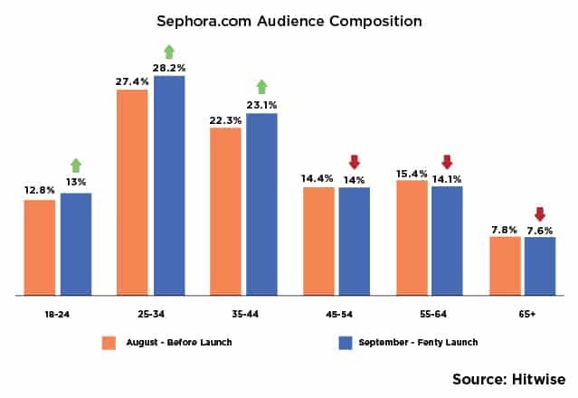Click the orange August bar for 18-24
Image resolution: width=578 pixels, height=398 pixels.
pyautogui.click(x=40, y=247)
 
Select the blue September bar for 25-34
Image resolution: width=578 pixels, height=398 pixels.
pyautogui.click(x=168, y=185)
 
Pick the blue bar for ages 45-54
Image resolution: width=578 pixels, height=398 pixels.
pyautogui.click(x=354, y=241)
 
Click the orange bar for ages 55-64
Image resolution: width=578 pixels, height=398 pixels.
pyautogui.click(x=412, y=237)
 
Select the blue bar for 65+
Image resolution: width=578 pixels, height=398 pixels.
pyautogui.click(x=540, y=266)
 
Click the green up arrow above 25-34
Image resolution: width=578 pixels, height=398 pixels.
pyautogui.click(x=168, y=52)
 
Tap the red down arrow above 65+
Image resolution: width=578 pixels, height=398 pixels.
pyautogui.click(x=540, y=214)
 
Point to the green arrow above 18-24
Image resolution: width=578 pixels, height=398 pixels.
pyautogui.click(x=76, y=166)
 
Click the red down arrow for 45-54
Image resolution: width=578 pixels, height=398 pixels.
pyautogui.click(x=354, y=162)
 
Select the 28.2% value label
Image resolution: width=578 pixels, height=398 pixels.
pyautogui.click(x=168, y=67)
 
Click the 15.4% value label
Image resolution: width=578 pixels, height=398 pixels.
pyautogui.click(x=412, y=172)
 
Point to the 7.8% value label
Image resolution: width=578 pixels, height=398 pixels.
pyautogui.click(x=504, y=229)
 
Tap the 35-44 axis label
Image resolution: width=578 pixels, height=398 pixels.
pyautogui.click(x=243, y=314)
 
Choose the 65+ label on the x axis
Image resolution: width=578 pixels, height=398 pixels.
pyautogui.click(x=522, y=314)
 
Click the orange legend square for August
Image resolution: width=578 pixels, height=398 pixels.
pyautogui.click(x=109, y=343)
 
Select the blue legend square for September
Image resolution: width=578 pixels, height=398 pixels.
pyautogui.click(x=344, y=343)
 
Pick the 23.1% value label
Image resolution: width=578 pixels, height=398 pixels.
pyautogui.click(x=261, y=104)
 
